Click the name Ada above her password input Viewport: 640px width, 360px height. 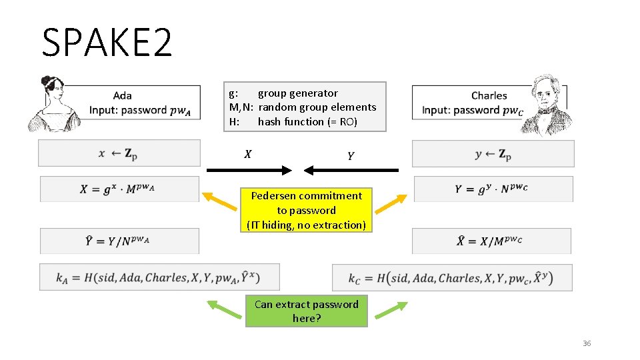click(x=122, y=95)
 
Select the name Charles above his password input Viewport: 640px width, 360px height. click(x=489, y=95)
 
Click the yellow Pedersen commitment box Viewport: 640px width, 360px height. click(x=307, y=210)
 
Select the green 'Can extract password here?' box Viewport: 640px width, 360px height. click(x=307, y=311)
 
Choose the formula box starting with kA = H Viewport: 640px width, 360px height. click(x=159, y=277)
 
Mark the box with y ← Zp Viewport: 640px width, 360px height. click(x=493, y=153)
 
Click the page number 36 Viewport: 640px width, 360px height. click(x=587, y=343)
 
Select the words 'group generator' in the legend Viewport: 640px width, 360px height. click(x=297, y=93)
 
